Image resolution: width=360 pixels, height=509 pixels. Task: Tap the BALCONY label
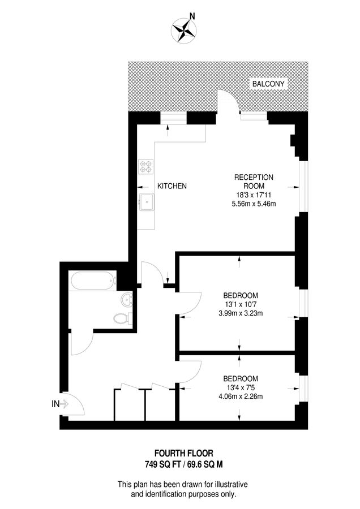click(x=269, y=84)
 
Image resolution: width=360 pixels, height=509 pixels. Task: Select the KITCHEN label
click(x=172, y=186)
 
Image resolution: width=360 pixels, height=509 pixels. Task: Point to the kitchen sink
click(x=147, y=201)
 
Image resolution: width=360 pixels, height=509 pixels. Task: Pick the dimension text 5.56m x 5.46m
click(x=254, y=204)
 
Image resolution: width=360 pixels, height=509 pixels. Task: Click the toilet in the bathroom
click(x=122, y=318)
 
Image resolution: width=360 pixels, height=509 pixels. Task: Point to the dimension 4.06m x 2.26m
click(x=241, y=396)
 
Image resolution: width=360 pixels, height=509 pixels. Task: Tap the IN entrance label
click(x=55, y=404)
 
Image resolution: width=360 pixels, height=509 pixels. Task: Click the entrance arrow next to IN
click(x=64, y=404)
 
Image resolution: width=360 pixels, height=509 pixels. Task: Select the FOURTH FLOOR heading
click(x=180, y=454)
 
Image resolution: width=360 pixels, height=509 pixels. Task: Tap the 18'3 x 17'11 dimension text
click(x=254, y=194)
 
